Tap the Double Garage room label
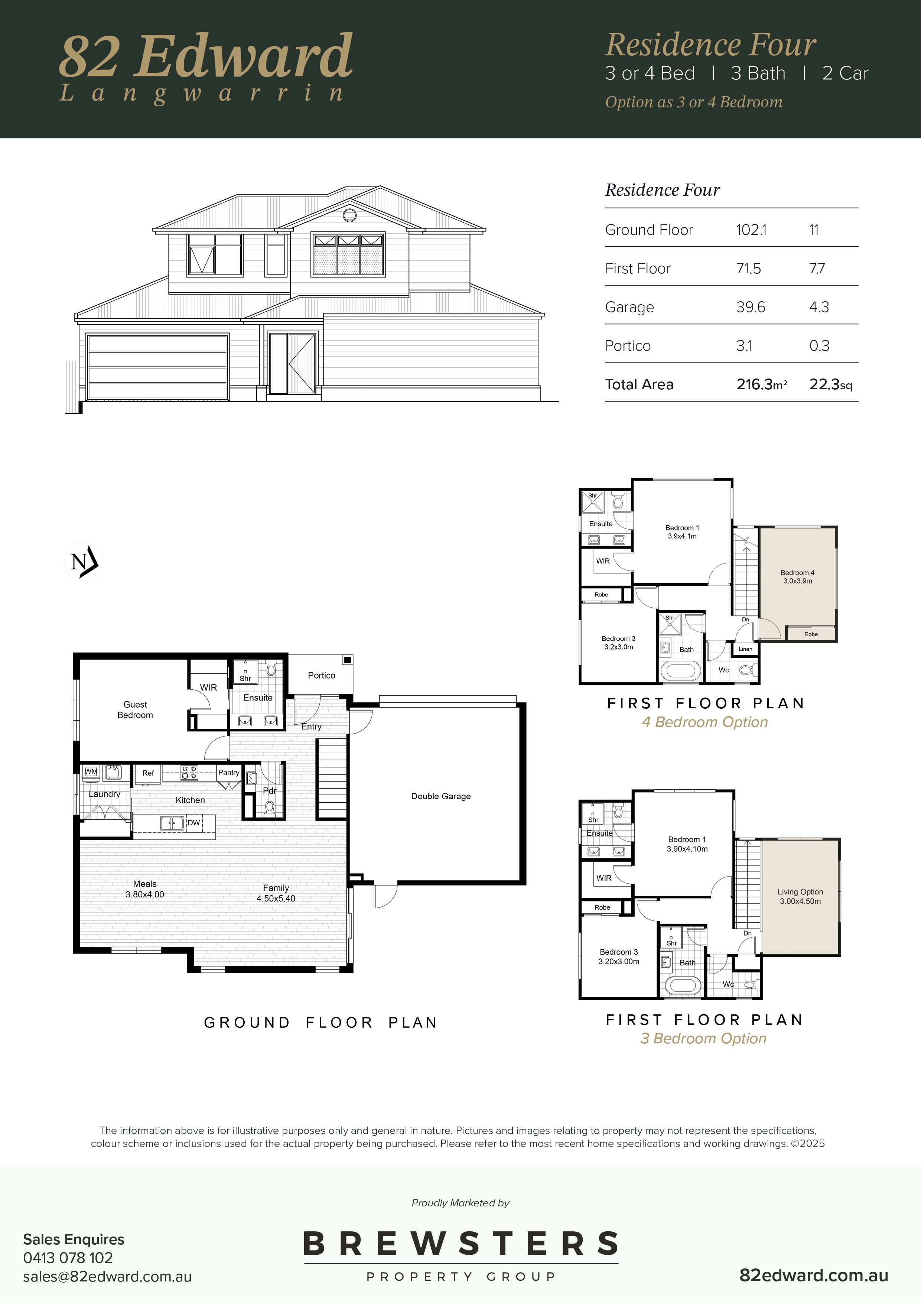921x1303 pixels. pos(441,796)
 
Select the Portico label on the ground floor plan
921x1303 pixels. pos(322,675)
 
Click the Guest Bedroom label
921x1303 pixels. pos(135,710)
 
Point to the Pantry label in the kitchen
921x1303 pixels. pos(229,772)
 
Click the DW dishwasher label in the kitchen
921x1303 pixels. pos(194,823)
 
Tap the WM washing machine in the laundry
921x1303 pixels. pos(91,772)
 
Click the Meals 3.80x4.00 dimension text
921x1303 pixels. pos(145,889)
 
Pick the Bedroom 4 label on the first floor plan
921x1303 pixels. pos(797,576)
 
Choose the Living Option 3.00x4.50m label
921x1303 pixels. pos(800,897)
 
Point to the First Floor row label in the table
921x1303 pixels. pos(638,269)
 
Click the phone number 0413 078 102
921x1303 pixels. pos(68,1258)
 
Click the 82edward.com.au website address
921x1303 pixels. pos(814,1275)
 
